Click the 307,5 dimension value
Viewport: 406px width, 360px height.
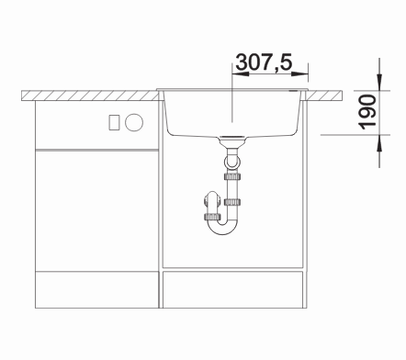265,62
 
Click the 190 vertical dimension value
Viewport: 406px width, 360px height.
367,112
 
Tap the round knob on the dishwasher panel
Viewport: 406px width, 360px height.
134,122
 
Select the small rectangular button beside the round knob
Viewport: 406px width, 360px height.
114,122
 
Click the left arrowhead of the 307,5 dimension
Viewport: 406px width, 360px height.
241,73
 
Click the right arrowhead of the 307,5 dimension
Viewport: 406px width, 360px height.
299,73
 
